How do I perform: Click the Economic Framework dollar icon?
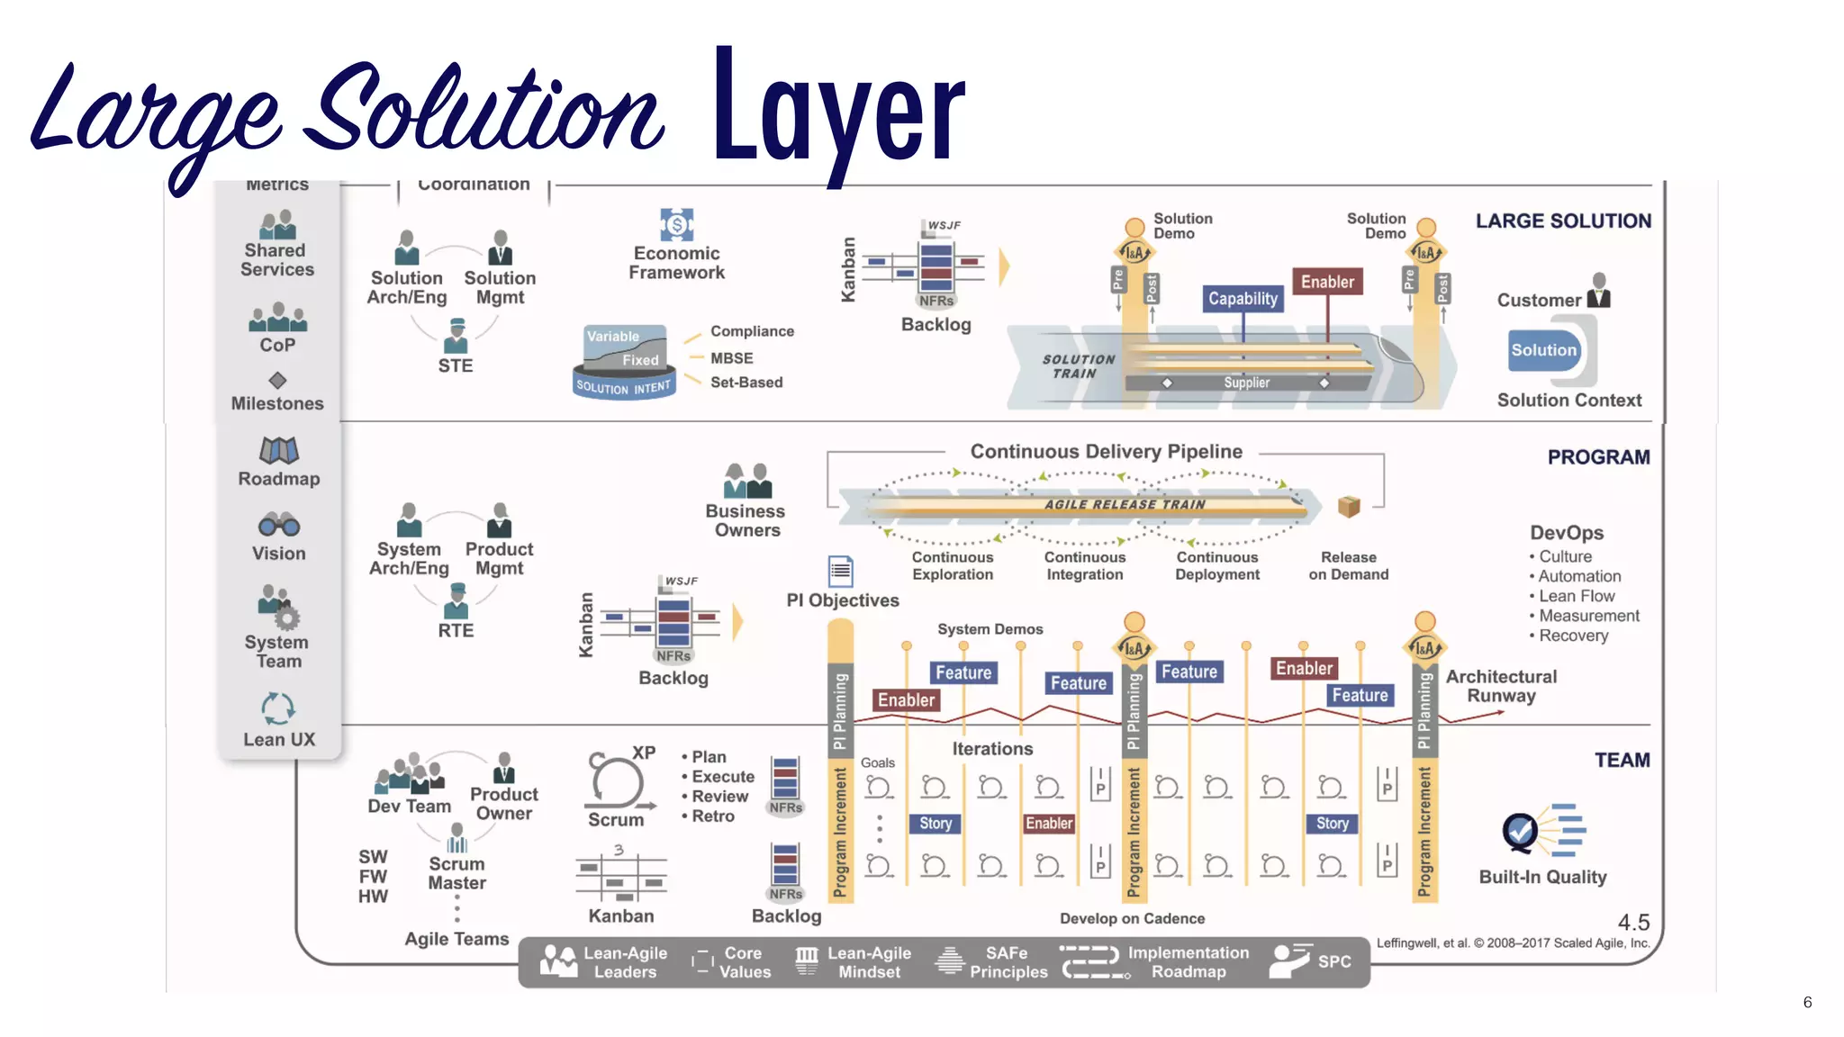tap(676, 224)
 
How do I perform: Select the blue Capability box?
tap(1243, 299)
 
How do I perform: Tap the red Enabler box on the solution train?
tap(1327, 282)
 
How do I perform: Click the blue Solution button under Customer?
tap(1543, 350)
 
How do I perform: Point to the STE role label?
tap(456, 365)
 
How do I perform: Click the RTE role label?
tap(456, 630)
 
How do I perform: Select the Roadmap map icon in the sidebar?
tap(279, 449)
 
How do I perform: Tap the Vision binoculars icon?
tap(279, 524)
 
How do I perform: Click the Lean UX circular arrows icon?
tap(278, 708)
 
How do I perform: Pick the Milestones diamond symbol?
tap(277, 381)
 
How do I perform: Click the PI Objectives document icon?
tap(840, 571)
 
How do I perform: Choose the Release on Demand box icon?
tap(1348, 507)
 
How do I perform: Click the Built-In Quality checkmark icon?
tap(1521, 832)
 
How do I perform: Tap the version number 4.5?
tap(1633, 923)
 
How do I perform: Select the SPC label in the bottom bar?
tap(1334, 961)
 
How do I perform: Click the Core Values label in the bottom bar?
tap(745, 962)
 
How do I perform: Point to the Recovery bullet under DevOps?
tap(1572, 636)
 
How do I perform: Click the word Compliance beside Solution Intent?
tap(752, 331)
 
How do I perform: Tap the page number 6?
tap(1807, 1002)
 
